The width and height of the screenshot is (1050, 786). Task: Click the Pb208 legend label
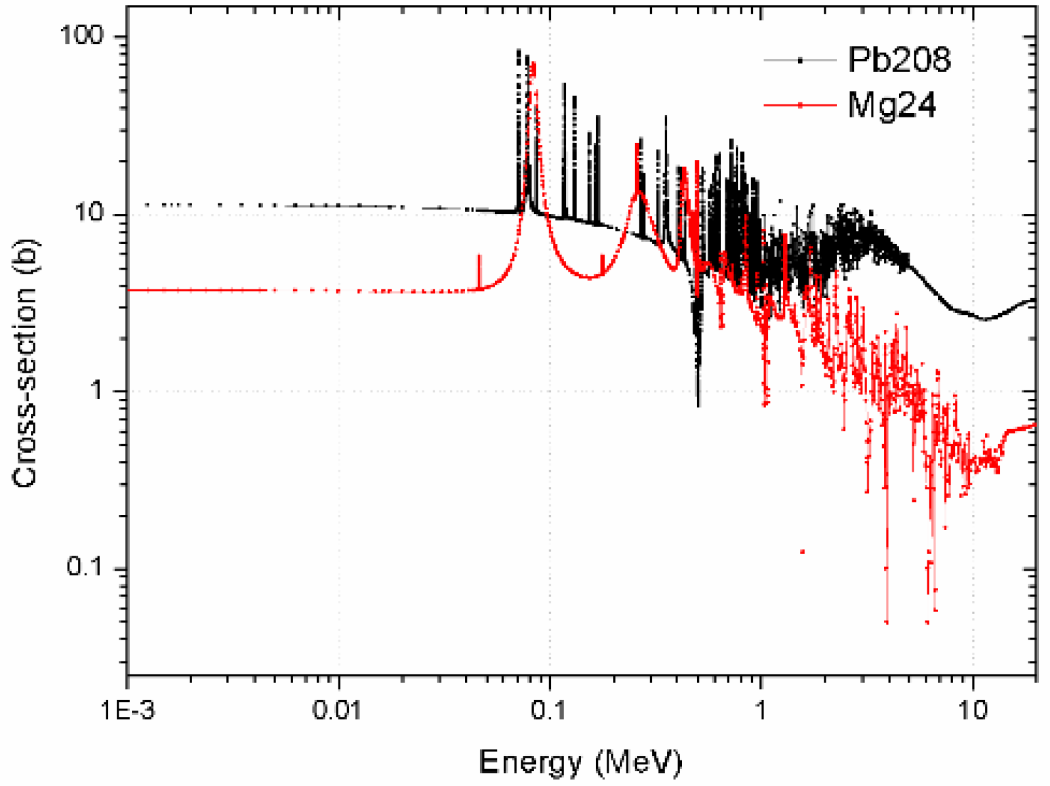pyautogui.click(x=899, y=60)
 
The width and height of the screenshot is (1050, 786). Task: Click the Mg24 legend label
pyautogui.click(x=891, y=105)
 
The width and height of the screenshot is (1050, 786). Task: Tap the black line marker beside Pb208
pyautogui.click(x=800, y=60)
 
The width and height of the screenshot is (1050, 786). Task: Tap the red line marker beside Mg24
pyautogui.click(x=800, y=105)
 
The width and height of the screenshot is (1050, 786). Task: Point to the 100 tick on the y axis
pyautogui.click(x=82, y=35)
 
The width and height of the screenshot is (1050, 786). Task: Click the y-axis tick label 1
pyautogui.click(x=98, y=390)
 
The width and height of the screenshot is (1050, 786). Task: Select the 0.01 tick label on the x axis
pyautogui.click(x=337, y=712)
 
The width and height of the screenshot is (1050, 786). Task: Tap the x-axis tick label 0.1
pyautogui.click(x=549, y=712)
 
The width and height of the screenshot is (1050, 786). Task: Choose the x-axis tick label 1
pyautogui.click(x=761, y=712)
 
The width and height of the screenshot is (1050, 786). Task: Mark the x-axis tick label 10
pyautogui.click(x=972, y=712)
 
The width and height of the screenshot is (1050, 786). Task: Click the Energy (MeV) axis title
pyautogui.click(x=581, y=763)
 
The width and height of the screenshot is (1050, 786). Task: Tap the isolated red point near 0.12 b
pyautogui.click(x=802, y=552)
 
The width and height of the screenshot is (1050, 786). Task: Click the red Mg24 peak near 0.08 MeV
pyautogui.click(x=533, y=64)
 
